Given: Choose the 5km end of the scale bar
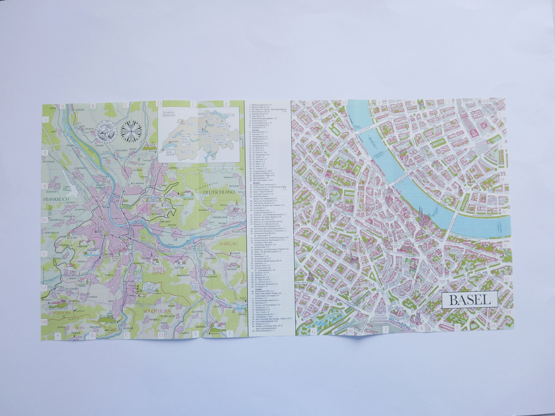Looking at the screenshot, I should coord(241,169).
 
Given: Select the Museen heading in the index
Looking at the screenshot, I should coord(256,183).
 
